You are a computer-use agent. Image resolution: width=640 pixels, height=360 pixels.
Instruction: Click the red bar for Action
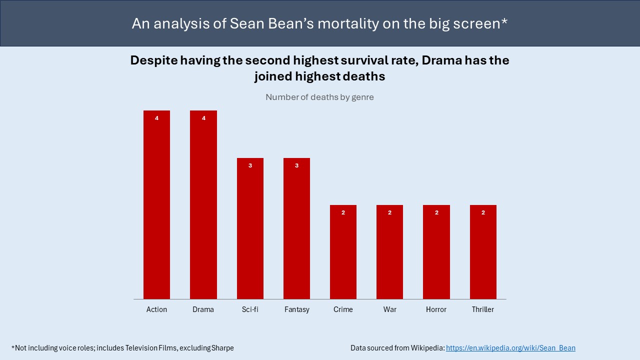[x=156, y=205]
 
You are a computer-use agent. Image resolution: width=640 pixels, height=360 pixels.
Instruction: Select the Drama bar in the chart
[x=203, y=205]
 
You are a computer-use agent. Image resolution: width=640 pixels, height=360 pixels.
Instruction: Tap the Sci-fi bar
[x=250, y=228]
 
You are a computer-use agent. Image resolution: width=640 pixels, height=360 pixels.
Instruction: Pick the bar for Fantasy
[x=296, y=228]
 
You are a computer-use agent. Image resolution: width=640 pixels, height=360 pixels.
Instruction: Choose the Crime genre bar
[x=343, y=252]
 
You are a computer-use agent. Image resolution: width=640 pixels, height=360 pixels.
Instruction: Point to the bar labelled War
[x=389, y=252]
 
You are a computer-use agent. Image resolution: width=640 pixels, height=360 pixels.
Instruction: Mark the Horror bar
[x=436, y=252]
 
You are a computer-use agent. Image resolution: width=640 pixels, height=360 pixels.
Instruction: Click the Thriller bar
[x=483, y=252]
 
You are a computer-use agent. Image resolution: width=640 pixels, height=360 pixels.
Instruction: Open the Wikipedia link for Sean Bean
[x=510, y=348]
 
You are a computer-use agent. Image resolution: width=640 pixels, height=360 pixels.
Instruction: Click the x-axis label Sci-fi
[x=250, y=309]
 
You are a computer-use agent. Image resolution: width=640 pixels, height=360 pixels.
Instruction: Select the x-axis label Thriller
[x=483, y=309]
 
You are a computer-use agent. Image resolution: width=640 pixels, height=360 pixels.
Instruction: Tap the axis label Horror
[x=436, y=309]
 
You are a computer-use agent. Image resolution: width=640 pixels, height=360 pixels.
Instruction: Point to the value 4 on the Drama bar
[x=203, y=118]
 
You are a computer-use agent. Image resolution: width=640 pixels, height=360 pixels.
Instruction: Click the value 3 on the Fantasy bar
[x=296, y=165]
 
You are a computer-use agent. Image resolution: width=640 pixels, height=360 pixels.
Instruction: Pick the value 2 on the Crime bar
[x=343, y=212]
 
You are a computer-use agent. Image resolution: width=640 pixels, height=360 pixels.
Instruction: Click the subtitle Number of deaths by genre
[x=319, y=97]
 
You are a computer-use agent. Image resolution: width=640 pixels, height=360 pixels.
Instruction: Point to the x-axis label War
[x=389, y=309]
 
